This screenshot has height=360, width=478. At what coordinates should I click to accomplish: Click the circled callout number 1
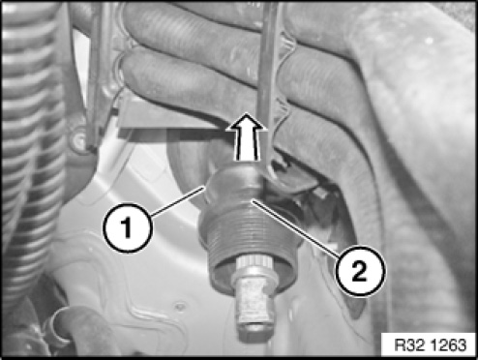[x=127, y=227]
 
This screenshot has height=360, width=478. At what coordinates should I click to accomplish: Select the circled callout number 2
[x=360, y=271]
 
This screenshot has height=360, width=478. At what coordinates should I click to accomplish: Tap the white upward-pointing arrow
[x=247, y=136]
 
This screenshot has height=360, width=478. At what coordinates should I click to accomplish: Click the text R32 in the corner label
[x=409, y=345]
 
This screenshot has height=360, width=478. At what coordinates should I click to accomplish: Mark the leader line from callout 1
[x=177, y=201]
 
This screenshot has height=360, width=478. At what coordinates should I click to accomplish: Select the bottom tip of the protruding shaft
[x=254, y=336]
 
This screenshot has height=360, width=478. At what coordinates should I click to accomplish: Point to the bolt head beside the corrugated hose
[x=77, y=141]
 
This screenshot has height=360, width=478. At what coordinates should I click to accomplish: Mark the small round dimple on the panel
[x=180, y=305]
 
